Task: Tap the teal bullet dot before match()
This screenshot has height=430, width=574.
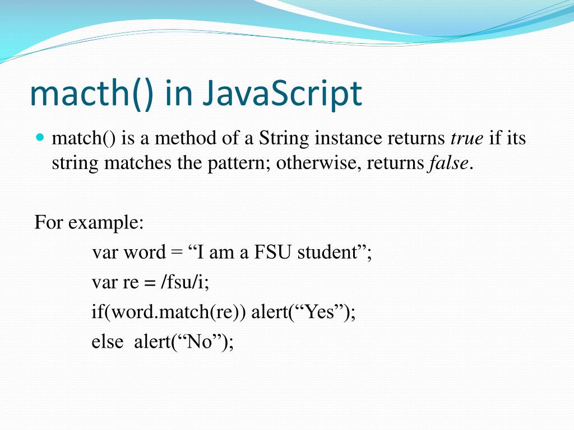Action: pos(39,137)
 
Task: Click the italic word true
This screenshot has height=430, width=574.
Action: pos(467,138)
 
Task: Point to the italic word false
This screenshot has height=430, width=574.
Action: pos(448,163)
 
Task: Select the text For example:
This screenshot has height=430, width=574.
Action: pos(89,222)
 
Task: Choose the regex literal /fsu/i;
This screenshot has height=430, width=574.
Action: pos(184,282)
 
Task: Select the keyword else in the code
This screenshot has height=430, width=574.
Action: pos(107,342)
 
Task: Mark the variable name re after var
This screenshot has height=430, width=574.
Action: pos(130,283)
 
